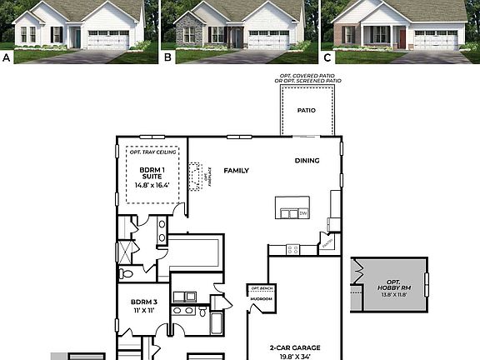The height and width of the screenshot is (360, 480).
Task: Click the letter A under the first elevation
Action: tap(7, 57)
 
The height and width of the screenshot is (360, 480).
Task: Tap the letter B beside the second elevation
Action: tap(167, 57)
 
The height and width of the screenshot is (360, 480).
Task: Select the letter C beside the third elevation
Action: tap(327, 57)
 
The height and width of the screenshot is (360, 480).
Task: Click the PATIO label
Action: tap(307, 109)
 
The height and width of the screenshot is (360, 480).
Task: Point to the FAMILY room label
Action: tap(236, 170)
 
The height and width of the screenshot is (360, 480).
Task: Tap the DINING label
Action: tap(307, 160)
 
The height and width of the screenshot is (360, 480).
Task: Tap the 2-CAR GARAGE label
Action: tap(294, 347)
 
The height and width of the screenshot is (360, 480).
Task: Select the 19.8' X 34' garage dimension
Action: tap(294, 356)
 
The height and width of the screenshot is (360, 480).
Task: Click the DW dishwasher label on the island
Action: tap(302, 213)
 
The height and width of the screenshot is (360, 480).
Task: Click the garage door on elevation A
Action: tap(107, 39)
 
